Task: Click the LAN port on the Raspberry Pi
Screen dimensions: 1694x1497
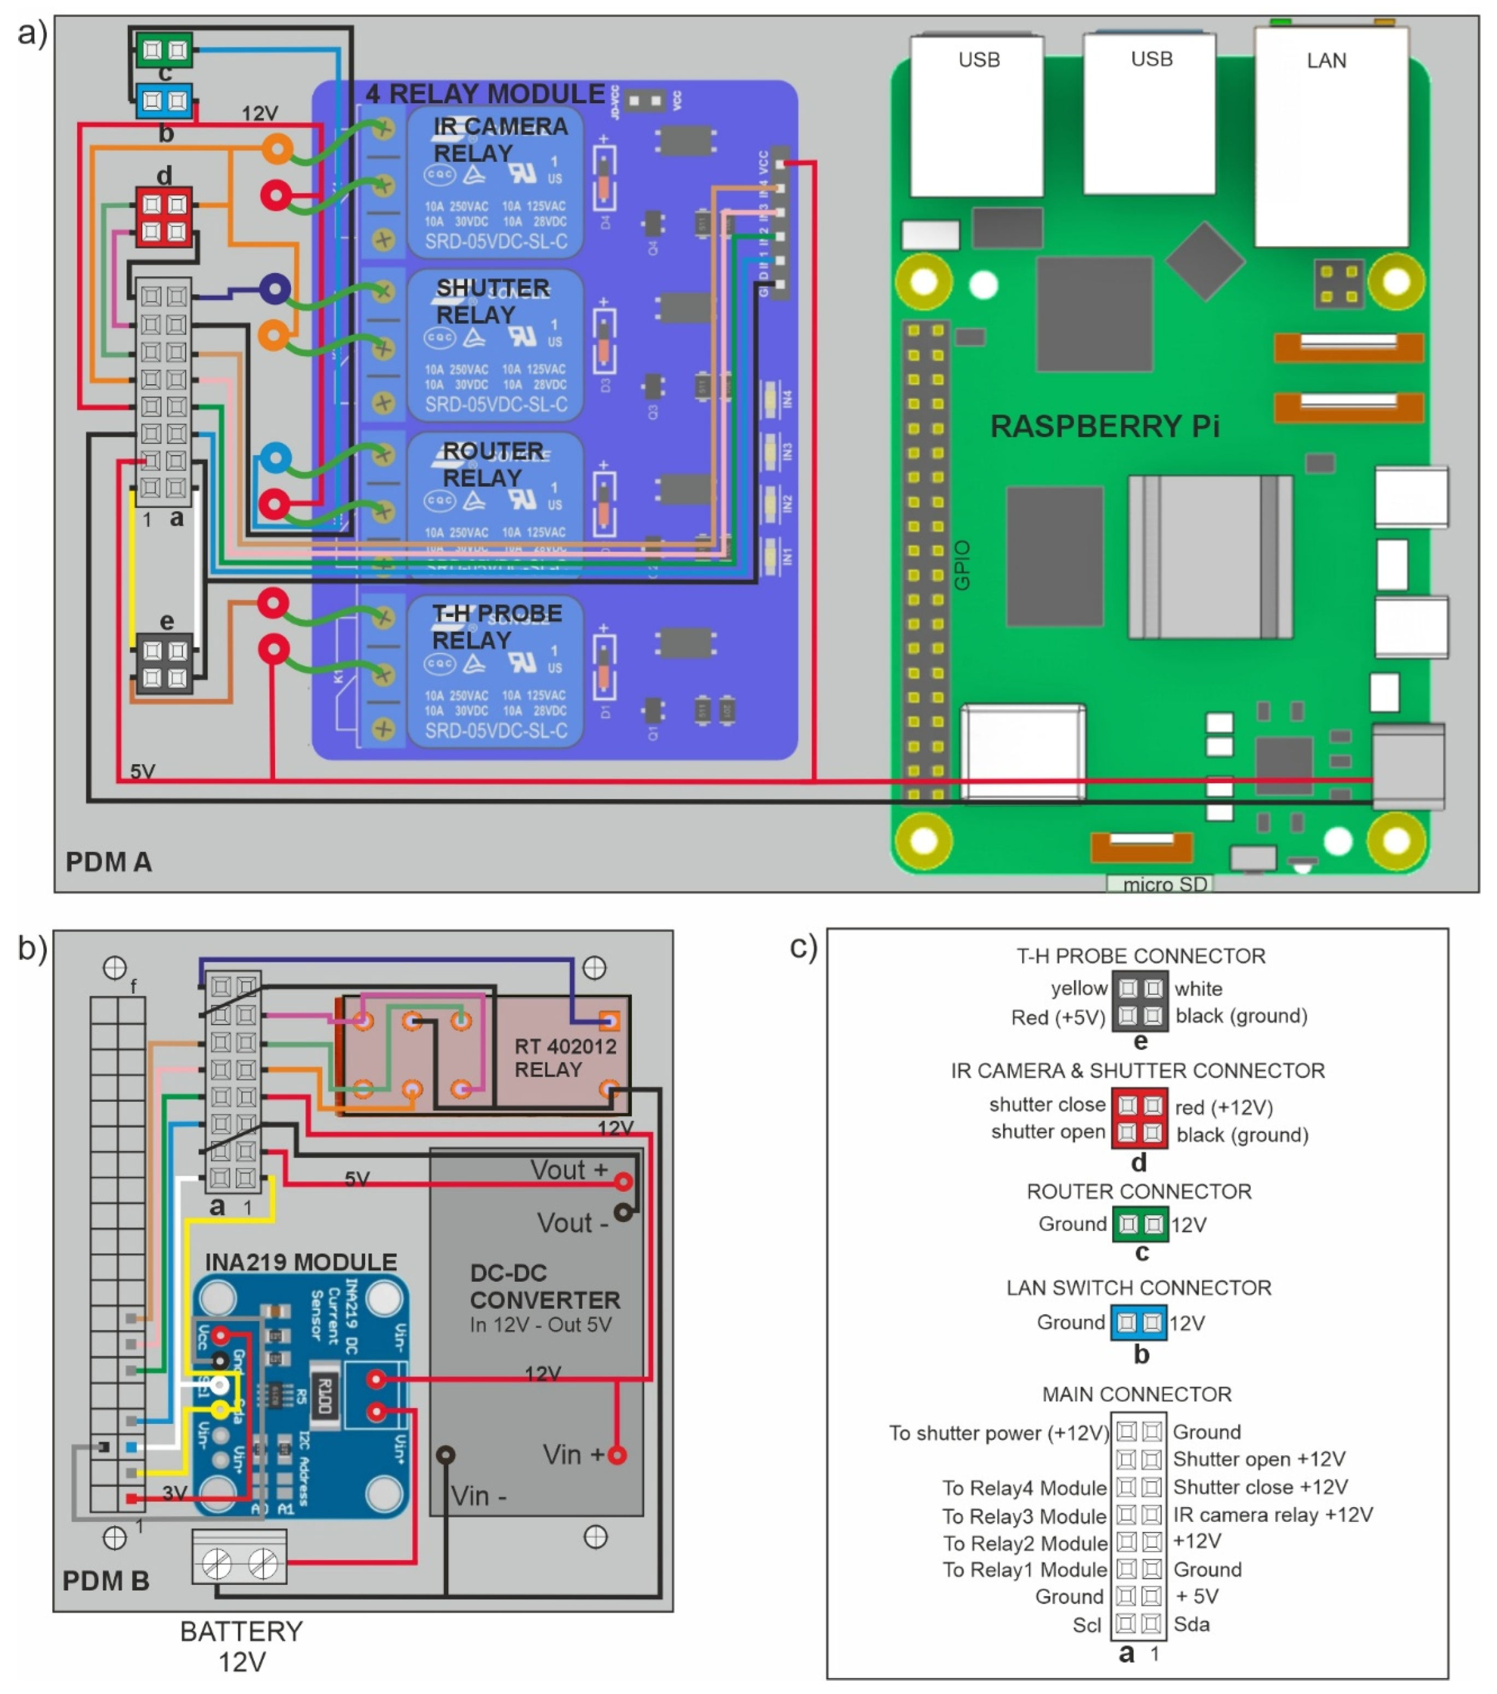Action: click(1330, 137)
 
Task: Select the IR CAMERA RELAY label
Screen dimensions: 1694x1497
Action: click(500, 139)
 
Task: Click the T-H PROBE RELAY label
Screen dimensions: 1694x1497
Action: click(496, 626)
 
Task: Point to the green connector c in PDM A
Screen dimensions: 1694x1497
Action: click(164, 50)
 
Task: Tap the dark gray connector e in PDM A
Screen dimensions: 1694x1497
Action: click(164, 663)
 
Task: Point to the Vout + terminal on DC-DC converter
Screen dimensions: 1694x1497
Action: click(623, 1182)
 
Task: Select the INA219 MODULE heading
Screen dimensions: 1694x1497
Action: click(301, 1262)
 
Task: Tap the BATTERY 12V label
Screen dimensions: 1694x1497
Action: click(241, 1646)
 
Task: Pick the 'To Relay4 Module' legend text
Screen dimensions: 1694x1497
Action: click(1023, 1487)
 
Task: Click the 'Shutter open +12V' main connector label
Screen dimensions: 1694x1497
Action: click(1258, 1458)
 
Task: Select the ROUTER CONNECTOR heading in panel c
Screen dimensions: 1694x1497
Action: click(1138, 1192)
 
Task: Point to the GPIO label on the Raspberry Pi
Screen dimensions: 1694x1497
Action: click(962, 565)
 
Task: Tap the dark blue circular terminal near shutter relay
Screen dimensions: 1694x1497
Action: click(274, 289)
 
